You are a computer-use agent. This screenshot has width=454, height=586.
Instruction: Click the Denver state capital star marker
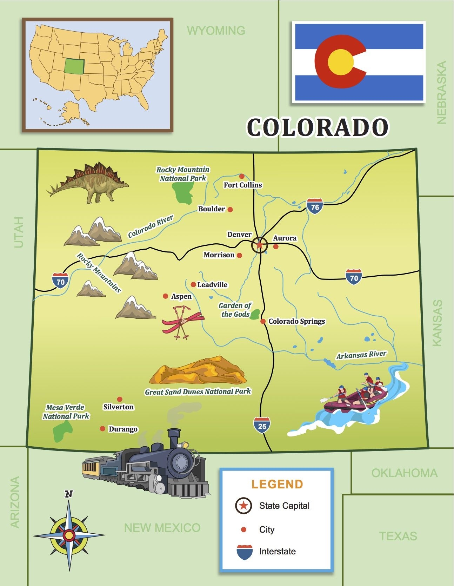click(260, 245)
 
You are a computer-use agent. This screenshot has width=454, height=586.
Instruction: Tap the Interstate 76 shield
click(315, 206)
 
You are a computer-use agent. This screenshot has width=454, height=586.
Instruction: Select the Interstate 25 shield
click(262, 425)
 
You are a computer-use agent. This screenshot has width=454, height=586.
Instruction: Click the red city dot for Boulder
click(230, 209)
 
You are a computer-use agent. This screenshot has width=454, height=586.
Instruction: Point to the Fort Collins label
click(243, 185)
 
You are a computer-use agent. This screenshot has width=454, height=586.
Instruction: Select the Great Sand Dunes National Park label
click(198, 391)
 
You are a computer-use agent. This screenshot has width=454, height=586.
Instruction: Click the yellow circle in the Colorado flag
click(340, 62)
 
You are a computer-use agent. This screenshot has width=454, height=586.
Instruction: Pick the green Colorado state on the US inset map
click(74, 66)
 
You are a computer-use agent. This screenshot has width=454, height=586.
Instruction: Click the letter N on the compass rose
click(69, 494)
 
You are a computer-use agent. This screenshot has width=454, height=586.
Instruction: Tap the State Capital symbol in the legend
click(243, 506)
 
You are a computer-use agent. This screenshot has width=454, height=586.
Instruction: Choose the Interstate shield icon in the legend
click(245, 552)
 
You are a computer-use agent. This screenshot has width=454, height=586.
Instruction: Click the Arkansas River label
click(361, 355)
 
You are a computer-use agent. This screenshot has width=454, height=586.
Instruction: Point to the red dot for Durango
click(102, 429)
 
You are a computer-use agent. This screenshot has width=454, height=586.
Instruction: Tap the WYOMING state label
click(216, 31)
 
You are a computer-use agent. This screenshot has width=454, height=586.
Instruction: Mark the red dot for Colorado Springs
click(263, 321)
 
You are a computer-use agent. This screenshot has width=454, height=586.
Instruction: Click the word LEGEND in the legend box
click(277, 484)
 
